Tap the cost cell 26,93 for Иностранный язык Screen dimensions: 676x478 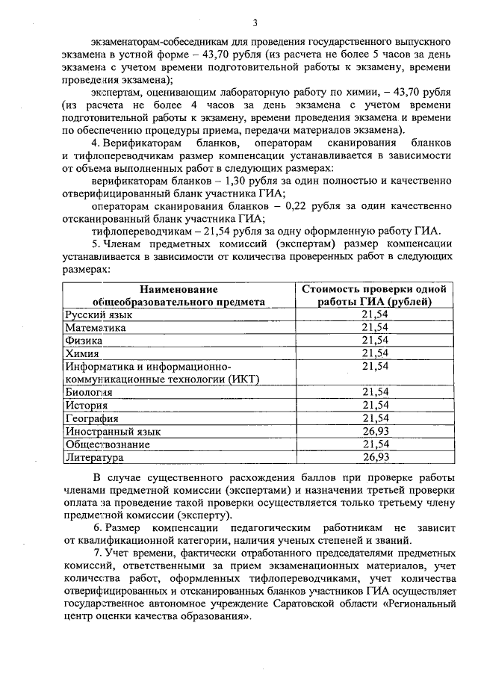pyautogui.click(x=375, y=431)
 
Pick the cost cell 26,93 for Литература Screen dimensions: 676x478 pyautogui.click(x=375, y=456)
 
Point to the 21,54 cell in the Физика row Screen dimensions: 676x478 pyautogui.click(x=375, y=341)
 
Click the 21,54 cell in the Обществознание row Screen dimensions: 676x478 pyautogui.click(x=375, y=444)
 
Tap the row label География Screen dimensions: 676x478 pyautogui.click(x=92, y=418)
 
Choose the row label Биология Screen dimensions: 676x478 pyautogui.click(x=89, y=392)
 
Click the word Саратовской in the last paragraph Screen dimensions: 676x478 pyautogui.click(x=331, y=607)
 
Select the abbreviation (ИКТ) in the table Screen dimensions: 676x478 pyautogui.click(x=240, y=379)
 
